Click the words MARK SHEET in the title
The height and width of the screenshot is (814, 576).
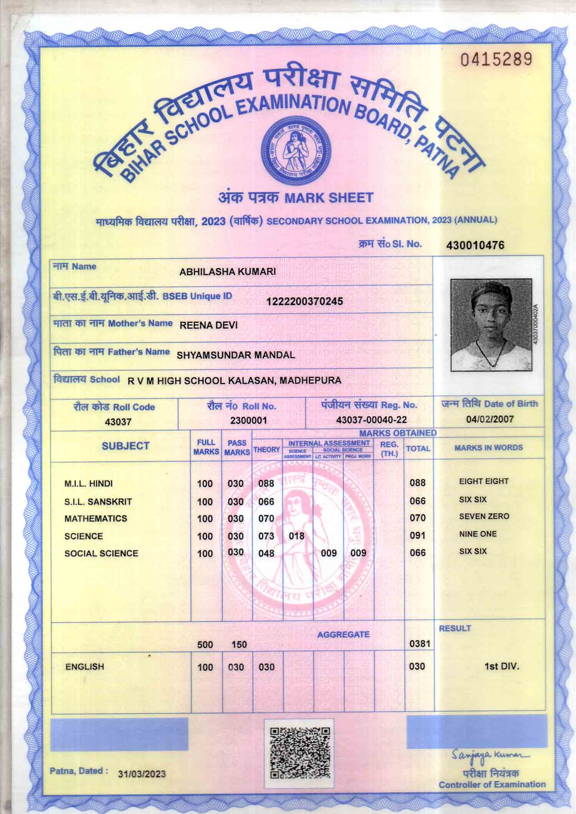(x=328, y=198)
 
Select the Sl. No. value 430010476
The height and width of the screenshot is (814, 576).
(x=475, y=245)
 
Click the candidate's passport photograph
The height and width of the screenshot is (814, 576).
(x=491, y=324)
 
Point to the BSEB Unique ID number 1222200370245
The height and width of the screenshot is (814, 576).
(x=305, y=301)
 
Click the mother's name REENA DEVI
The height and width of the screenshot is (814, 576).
(x=209, y=326)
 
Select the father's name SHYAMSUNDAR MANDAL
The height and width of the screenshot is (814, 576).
(x=236, y=355)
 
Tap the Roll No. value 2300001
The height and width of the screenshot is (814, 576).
(x=248, y=420)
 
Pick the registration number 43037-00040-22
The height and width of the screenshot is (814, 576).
(x=371, y=420)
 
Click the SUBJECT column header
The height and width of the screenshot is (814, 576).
(x=126, y=446)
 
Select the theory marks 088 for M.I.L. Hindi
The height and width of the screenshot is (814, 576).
(x=266, y=483)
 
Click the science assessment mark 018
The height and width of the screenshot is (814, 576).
(x=296, y=536)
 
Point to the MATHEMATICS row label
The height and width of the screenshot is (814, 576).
(x=96, y=518)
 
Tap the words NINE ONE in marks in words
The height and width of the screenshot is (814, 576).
(x=478, y=534)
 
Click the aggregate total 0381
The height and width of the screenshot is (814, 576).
(x=420, y=644)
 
